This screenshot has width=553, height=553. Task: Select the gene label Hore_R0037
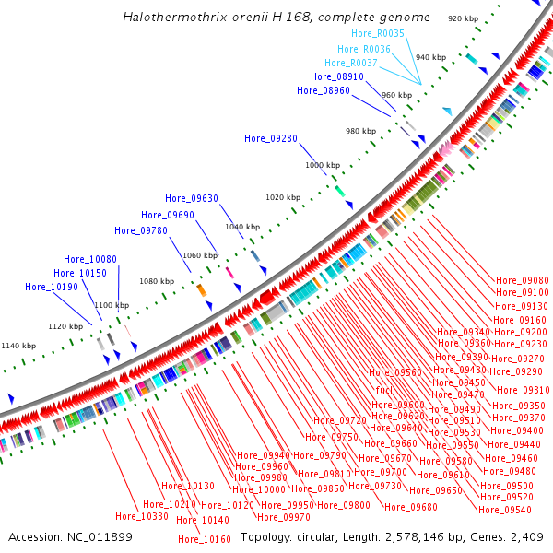[351, 63]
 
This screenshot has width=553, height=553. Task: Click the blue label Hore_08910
[336, 76]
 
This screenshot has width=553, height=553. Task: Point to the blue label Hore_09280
[271, 138]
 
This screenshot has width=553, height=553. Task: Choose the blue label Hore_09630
[192, 198]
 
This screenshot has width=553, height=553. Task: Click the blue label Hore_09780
[141, 230]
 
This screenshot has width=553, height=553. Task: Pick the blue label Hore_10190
[52, 287]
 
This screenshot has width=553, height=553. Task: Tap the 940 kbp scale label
[430, 57]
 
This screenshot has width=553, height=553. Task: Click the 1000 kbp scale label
[323, 164]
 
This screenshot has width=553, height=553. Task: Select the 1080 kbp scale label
[157, 281]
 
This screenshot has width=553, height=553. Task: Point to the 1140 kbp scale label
[18, 346]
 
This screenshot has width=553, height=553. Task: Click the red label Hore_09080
[523, 280]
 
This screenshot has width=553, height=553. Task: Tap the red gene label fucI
[385, 391]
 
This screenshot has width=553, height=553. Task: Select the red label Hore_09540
[506, 510]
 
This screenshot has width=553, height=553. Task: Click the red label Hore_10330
[142, 517]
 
